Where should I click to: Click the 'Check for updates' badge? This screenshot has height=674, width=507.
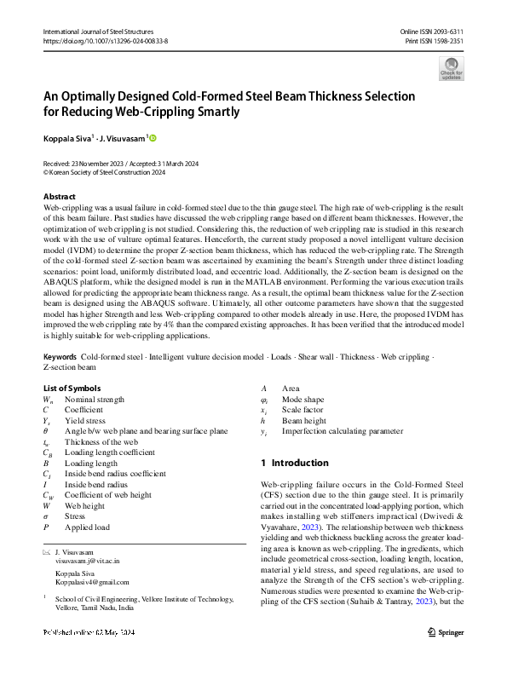(451, 68)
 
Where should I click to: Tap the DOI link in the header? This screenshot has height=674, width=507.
(105, 41)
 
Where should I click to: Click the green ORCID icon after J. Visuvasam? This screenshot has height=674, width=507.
(153, 136)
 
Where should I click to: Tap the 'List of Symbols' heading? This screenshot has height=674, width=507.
(72, 389)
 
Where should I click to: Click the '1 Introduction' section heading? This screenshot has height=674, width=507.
(294, 463)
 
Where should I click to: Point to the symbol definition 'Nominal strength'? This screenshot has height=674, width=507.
(94, 399)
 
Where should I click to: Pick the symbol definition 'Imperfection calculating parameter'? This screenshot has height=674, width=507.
(343, 431)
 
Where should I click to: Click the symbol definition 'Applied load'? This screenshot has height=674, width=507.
(86, 527)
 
